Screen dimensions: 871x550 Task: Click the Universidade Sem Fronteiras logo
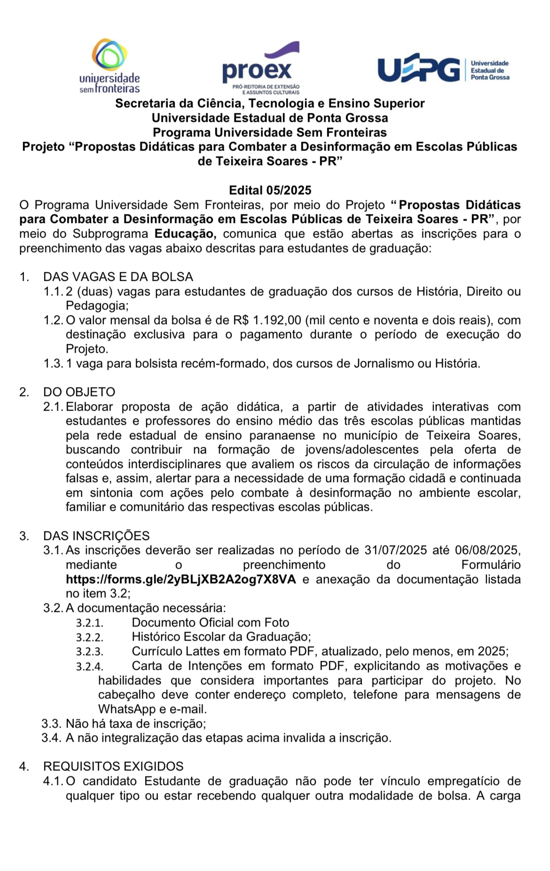pos(110,66)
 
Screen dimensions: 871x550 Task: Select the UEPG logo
pos(443,70)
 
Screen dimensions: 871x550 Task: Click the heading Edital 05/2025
pos(270,190)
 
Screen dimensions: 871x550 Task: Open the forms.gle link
pos(181,579)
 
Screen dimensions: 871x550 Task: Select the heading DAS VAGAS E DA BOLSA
pos(118,277)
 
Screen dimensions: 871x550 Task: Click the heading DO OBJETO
pos(79,392)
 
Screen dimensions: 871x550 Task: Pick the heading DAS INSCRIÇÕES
pos(96,536)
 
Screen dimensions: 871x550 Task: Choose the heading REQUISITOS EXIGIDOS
pos(113,766)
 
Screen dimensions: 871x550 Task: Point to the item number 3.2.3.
pos(89,652)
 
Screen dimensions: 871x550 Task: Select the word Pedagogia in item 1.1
pos(96,306)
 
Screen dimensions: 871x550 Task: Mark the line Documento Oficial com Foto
pos(210,623)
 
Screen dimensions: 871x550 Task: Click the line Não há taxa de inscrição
pos(135,723)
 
